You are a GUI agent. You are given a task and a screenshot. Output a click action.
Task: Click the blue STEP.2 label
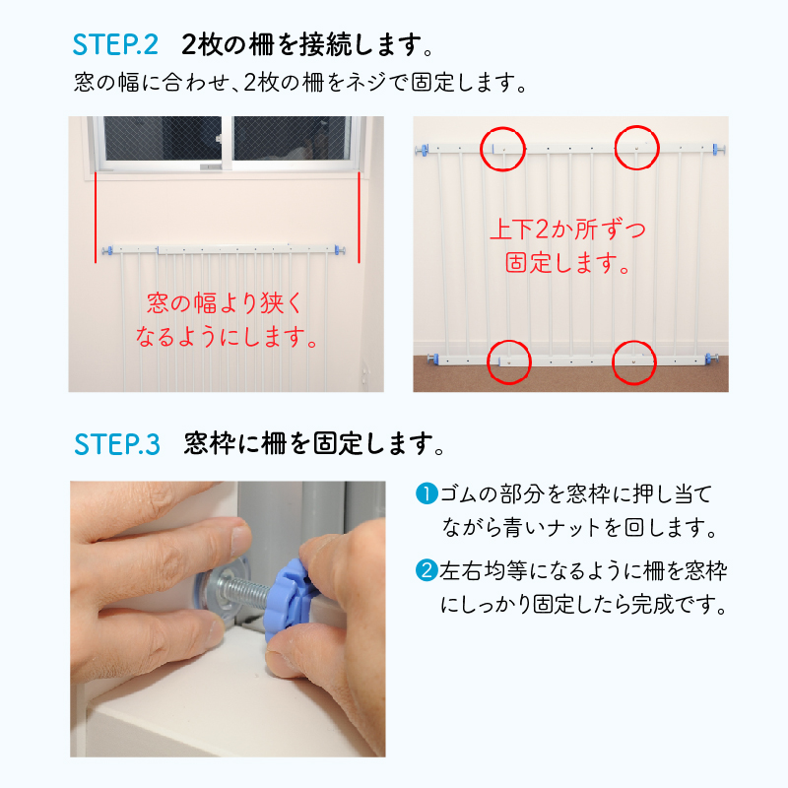tap(115, 44)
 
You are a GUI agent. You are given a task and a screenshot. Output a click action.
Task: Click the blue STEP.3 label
tap(117, 444)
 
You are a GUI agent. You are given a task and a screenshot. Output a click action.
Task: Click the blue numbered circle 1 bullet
tap(427, 493)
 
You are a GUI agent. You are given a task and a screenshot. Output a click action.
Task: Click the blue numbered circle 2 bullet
tap(427, 571)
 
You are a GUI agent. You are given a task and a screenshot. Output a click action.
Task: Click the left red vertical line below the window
tap(96, 217)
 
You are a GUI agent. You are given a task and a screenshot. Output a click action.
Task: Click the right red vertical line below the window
tap(359, 217)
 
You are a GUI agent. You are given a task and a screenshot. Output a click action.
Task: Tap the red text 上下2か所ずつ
tap(568, 230)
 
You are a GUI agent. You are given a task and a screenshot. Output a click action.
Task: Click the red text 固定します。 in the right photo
tap(568, 263)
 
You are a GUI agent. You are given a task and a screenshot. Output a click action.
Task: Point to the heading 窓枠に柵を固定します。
tap(314, 444)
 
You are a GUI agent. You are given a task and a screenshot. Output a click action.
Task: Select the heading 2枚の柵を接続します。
tap(307, 44)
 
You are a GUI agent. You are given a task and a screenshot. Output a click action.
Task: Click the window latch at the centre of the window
tap(219, 138)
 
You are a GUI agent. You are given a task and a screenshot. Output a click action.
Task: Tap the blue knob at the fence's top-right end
tap(718, 149)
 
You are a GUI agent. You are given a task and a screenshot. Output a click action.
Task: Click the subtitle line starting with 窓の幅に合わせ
tap(300, 82)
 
